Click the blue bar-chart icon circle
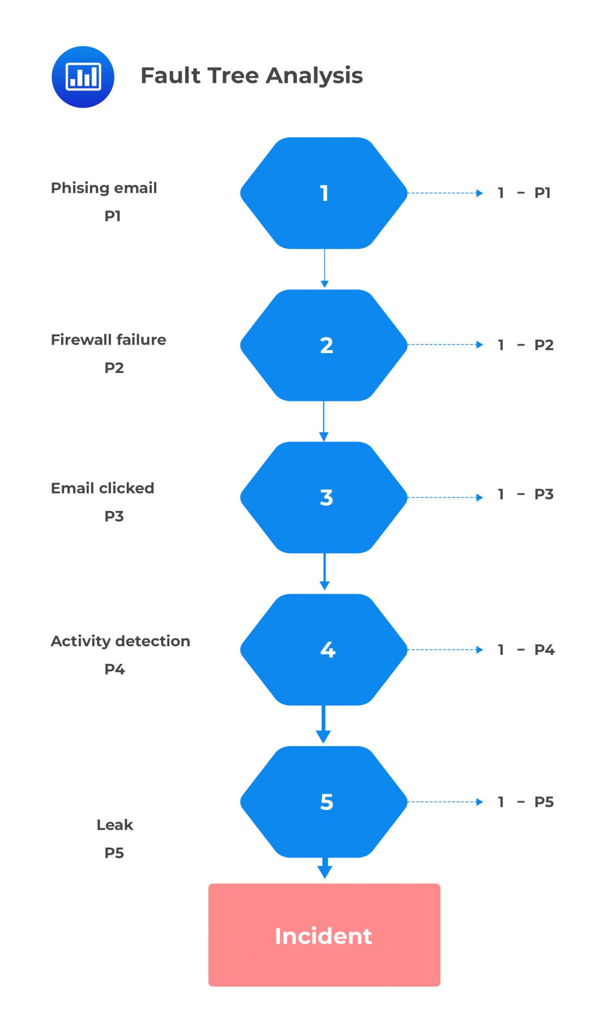pos(83,77)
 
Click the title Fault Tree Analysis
pos(251,76)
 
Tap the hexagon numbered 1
pos(324,193)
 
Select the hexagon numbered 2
pos(324,345)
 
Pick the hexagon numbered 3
pos(324,497)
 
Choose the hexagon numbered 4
pos(324,650)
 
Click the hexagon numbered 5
pos(324,802)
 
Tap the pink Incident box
pos(324,935)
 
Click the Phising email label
pos(104,188)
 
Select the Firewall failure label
pos(108,340)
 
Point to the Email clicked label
pos(102,488)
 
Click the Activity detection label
pos(120,641)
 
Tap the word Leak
pos(115,825)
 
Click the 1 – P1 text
pos(524,193)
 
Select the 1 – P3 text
pos(525,494)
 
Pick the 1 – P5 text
pos(525,802)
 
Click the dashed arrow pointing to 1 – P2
pos(445,345)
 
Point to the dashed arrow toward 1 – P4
pos(445,650)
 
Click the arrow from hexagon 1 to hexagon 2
pos(325,268)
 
